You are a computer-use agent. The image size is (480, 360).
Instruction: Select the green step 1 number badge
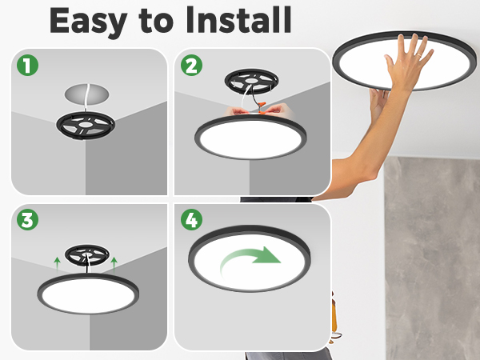click(30, 66)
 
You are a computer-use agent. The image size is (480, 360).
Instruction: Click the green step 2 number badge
click(192, 66)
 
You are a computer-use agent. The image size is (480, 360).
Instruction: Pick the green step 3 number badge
click(30, 222)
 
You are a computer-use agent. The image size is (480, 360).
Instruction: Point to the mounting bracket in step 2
click(250, 82)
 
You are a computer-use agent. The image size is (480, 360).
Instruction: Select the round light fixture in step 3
click(86, 294)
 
